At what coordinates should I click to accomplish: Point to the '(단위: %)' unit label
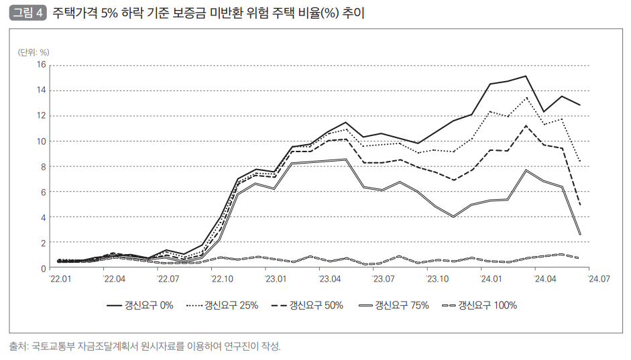pyautogui.click(x=34, y=52)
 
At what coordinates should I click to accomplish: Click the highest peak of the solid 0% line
pyautogui.click(x=526, y=76)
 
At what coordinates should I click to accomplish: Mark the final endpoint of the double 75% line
pyautogui.click(x=579, y=234)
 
